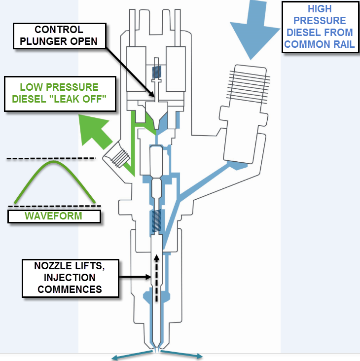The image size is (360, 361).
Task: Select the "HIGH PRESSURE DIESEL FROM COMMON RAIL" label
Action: (320, 26)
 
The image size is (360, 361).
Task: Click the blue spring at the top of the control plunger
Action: (157, 72)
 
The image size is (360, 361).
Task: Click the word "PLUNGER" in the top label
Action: (46, 41)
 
